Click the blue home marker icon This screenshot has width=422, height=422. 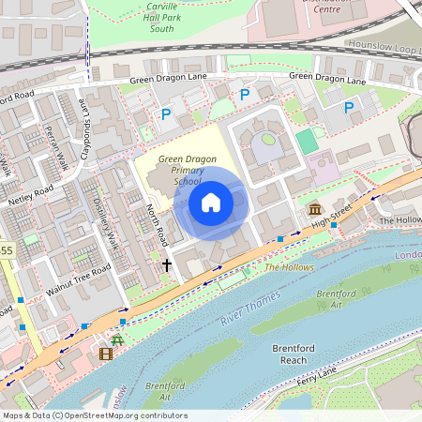(x=211, y=203)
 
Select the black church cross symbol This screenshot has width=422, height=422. (x=167, y=265)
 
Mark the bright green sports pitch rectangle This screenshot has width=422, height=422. (x=306, y=142)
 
